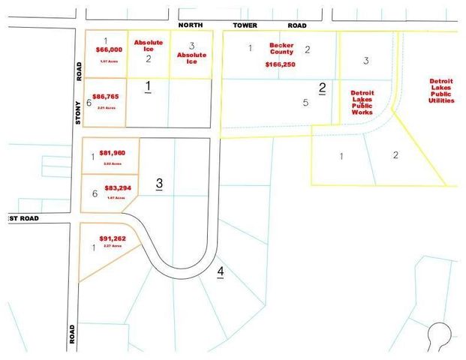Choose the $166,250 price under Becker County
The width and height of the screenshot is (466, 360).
[x=280, y=64]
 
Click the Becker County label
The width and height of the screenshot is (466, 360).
[x=281, y=49]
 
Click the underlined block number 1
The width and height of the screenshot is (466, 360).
[x=148, y=87]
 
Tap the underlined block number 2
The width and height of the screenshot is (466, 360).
[x=322, y=88]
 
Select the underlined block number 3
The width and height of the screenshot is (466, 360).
[x=158, y=183]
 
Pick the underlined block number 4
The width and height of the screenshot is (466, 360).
[x=221, y=271]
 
